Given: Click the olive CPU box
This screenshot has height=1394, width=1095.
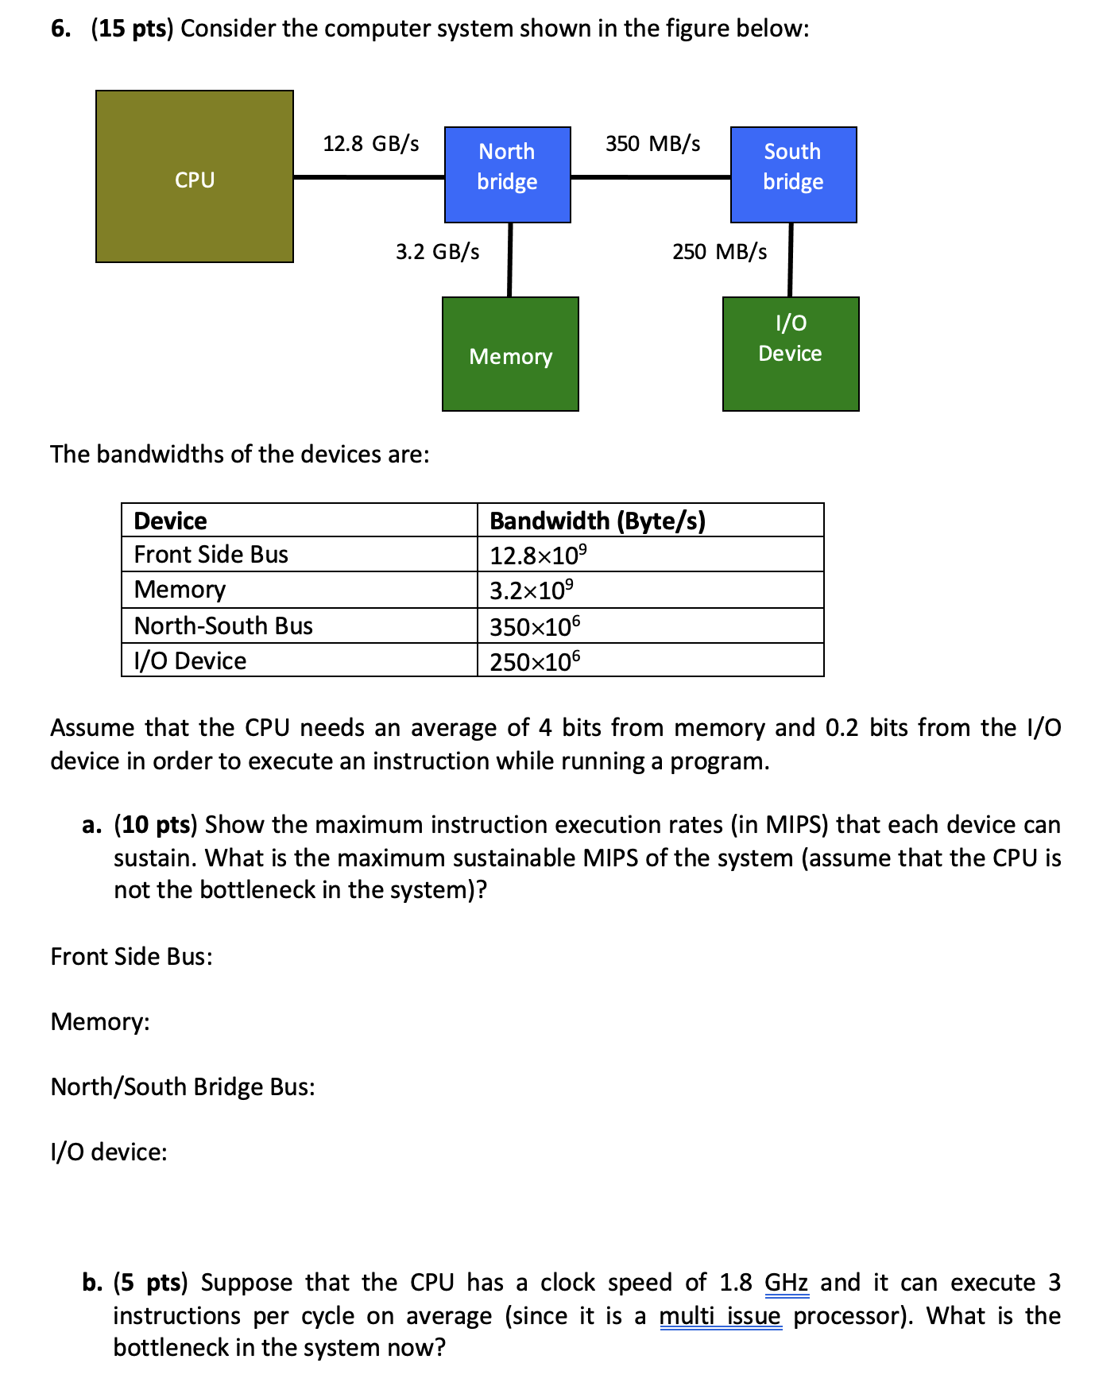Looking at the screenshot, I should (x=194, y=176).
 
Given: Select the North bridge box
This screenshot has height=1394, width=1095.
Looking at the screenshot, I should (x=507, y=174).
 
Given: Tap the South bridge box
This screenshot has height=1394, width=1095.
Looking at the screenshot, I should (x=793, y=174).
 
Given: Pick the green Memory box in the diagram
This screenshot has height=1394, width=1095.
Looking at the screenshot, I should (x=510, y=354).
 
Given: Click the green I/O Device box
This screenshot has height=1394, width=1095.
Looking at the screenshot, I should (x=791, y=354).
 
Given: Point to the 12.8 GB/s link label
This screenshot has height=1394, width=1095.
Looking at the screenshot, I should (x=370, y=144).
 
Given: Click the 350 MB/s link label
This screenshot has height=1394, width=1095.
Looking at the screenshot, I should (x=652, y=144).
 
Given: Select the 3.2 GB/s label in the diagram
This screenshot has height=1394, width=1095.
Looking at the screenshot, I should (x=437, y=252).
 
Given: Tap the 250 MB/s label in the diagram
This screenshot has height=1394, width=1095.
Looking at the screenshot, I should (x=719, y=252).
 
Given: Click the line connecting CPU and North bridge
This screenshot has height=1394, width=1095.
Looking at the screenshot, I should (x=369, y=176).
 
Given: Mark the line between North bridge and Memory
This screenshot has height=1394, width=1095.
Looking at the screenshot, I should (x=509, y=259).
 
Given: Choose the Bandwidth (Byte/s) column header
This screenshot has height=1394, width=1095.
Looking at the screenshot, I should (x=597, y=521).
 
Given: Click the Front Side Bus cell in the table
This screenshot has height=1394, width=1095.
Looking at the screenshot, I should (x=211, y=555).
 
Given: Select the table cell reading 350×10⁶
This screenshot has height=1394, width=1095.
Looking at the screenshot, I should (x=535, y=626).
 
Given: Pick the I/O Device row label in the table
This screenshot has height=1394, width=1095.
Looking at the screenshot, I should (x=190, y=661).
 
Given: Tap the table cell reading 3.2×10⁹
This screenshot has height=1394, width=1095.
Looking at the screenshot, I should (x=531, y=591).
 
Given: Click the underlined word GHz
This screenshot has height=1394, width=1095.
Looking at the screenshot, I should (x=786, y=1283).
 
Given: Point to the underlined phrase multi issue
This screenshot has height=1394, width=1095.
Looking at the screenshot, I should (x=720, y=1316).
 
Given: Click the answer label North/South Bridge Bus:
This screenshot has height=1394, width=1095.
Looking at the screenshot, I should (x=183, y=1086).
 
